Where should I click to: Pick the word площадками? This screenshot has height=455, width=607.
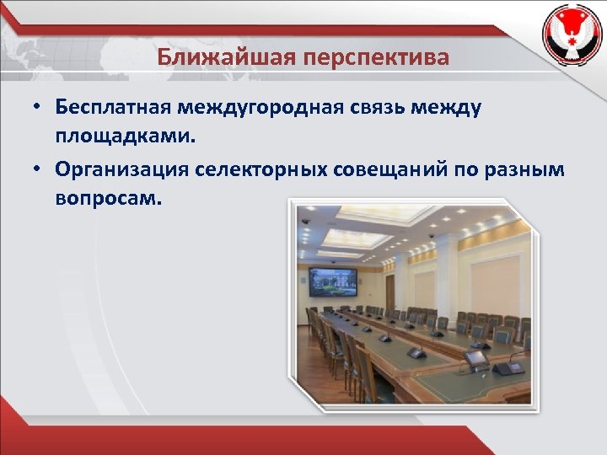coord(125,134)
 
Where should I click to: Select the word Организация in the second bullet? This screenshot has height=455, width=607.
coord(123,169)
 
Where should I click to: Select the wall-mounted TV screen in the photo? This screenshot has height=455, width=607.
coord(333,282)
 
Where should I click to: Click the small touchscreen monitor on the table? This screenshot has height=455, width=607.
coord(476,358)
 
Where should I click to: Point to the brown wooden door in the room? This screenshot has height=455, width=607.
coord(389,292)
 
